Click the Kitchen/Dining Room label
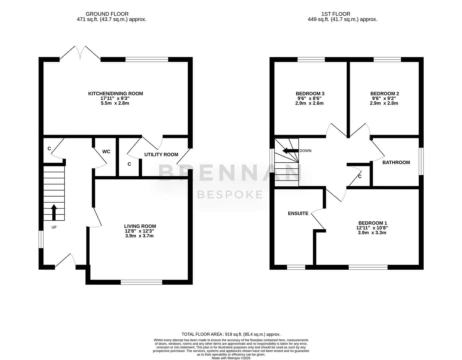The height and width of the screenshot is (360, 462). (x=115, y=94)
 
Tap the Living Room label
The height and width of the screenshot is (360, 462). (x=140, y=226)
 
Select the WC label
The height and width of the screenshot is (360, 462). (x=106, y=152)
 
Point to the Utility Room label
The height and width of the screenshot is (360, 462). (x=161, y=154)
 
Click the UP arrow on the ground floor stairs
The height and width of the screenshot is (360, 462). (x=54, y=212)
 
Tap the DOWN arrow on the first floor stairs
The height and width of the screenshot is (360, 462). (x=290, y=151)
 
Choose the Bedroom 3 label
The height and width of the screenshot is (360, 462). (x=310, y=94)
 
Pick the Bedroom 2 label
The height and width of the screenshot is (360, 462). (x=384, y=94)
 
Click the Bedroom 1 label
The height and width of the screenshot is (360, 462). (x=372, y=223)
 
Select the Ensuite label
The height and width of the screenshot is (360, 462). (x=298, y=213)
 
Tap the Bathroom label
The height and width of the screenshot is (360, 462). (x=396, y=162)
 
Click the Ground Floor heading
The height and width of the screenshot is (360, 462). (x=107, y=14)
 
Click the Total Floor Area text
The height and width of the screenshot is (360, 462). (x=231, y=334)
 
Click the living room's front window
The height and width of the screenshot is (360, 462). (x=141, y=282)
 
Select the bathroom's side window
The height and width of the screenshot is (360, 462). (x=421, y=162)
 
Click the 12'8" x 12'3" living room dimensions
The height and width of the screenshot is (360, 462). (x=139, y=231)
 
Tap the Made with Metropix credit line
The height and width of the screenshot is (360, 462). (x=231, y=358)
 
